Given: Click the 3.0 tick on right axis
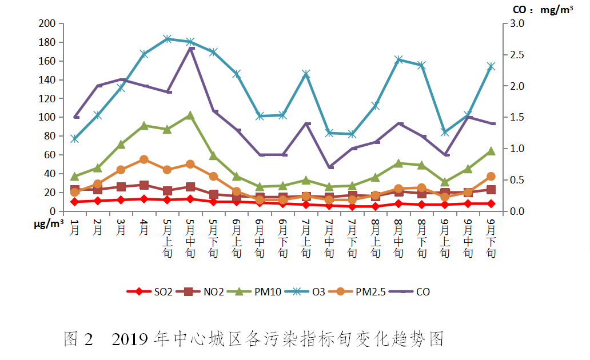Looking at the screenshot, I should coord(511,23).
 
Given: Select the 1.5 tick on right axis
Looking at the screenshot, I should coord(511,117).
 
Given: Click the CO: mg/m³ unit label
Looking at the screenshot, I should coord(536,10).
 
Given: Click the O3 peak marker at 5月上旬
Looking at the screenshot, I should coord(167,39).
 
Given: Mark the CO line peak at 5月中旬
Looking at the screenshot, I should coord(190,48).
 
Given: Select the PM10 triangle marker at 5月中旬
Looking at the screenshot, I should coord(190,115).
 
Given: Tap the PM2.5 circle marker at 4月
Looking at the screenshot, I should coord(144,159).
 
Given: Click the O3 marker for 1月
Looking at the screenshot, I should coord(74,139).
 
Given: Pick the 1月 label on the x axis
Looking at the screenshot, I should coord(74,229).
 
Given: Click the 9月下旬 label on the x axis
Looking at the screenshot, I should coord(491,237).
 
